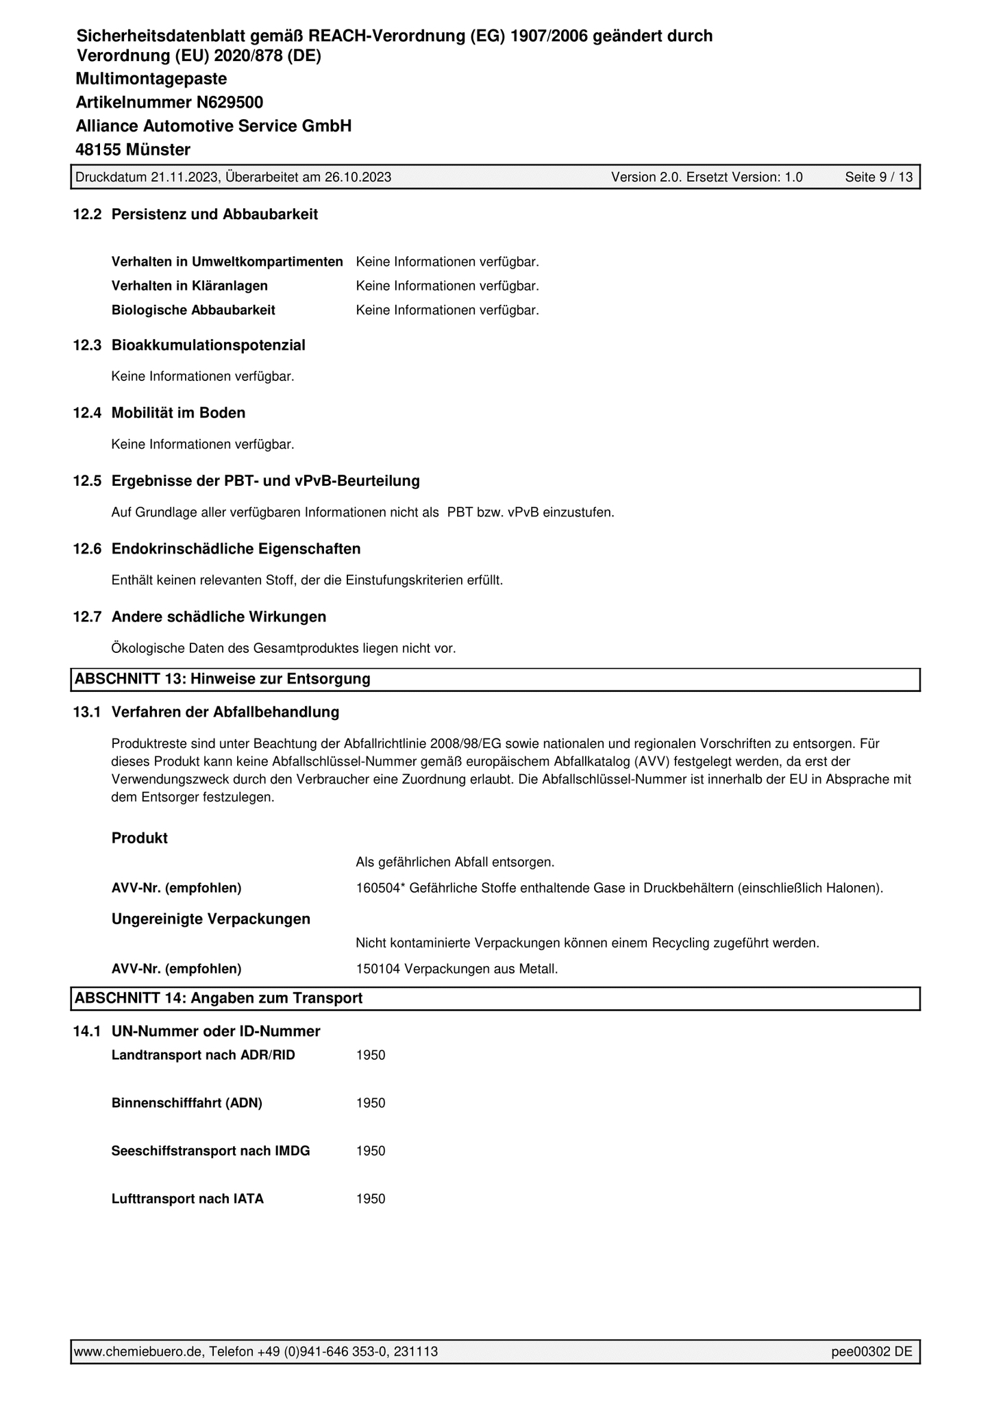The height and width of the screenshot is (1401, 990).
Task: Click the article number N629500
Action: coord(230,103)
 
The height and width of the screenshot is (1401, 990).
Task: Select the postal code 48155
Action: coord(98,149)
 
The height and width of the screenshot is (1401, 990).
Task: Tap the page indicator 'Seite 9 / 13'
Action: coord(878,177)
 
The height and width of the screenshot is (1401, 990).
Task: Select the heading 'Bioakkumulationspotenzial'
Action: coord(208,345)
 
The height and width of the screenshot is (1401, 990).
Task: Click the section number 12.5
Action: coord(87,481)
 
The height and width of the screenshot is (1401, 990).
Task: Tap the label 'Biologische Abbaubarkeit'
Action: coord(193,310)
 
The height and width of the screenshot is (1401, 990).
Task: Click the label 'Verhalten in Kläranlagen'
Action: coord(190,286)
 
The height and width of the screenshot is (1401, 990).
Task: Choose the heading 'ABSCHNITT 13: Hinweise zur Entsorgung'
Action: coord(223,679)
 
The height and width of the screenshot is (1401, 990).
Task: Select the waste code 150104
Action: coord(378,969)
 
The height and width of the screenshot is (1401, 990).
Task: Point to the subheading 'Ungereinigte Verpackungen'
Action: coord(211,919)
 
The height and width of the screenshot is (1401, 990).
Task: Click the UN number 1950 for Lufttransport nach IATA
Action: coord(371,1199)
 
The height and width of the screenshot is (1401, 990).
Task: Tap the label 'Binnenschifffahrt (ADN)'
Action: coord(187,1103)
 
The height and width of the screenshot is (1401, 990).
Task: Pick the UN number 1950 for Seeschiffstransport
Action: coord(371,1151)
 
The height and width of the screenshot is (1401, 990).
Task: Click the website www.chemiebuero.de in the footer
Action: coord(138,1352)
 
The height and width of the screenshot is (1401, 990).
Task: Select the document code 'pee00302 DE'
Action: coord(871,1352)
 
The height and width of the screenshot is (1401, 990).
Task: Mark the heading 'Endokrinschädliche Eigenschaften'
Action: coord(236,549)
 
